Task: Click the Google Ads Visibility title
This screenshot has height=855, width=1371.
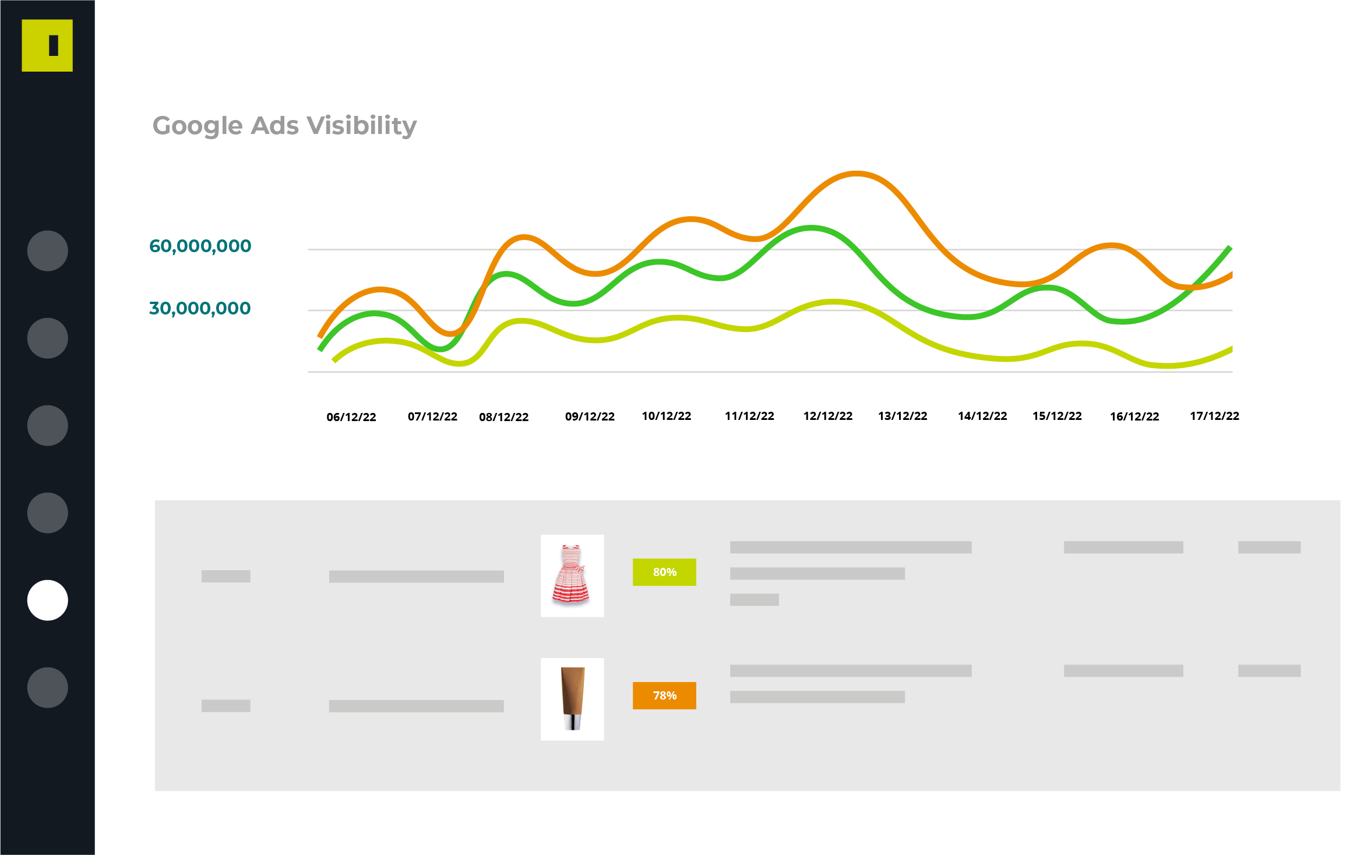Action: pos(284,126)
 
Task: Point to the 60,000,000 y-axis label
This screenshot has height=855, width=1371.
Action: pos(200,246)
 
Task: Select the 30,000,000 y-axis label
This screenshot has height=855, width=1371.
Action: pos(200,308)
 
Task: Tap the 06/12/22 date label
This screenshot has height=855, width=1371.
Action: pos(351,417)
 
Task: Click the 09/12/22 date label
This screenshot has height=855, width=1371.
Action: pos(590,416)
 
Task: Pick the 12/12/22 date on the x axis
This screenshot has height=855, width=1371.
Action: pos(828,416)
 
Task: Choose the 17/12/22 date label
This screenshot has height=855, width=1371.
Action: pos(1214,416)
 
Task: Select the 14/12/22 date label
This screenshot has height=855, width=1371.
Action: pos(982,416)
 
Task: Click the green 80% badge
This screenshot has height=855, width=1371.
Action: pos(664,572)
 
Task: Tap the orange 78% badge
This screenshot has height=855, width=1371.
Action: pos(664,695)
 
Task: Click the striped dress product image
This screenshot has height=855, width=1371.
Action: pos(572,575)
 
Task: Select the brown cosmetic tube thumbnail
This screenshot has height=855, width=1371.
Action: pos(572,699)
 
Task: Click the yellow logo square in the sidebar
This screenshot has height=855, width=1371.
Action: pos(47,45)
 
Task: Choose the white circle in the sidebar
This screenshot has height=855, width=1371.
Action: pos(48,600)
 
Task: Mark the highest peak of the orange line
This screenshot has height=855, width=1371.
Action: pos(856,173)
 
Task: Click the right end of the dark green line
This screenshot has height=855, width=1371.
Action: pos(1230,248)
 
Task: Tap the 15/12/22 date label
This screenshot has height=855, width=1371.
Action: pos(1057,416)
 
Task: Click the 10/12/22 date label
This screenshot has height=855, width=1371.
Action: pos(667,416)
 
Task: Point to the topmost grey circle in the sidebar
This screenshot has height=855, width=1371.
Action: pos(48,250)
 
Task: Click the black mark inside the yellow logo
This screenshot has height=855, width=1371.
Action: pos(54,45)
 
